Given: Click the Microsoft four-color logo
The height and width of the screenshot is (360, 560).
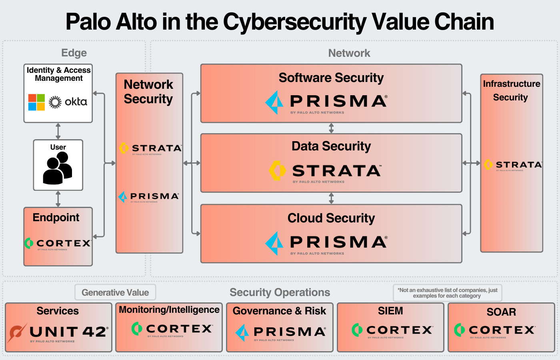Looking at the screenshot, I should (36, 102).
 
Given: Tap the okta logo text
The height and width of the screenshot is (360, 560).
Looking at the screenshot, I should (76, 102).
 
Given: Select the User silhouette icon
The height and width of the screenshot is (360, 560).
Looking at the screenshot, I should (58, 169).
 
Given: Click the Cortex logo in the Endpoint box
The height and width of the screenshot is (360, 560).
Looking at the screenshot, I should (58, 243).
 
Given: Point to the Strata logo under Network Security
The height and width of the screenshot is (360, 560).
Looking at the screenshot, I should (150, 148).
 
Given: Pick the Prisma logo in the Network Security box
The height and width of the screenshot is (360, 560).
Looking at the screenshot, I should (149, 196).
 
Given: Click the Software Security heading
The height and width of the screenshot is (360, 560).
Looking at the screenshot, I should (331, 78).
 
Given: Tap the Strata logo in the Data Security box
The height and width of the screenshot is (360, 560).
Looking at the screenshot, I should (325, 171).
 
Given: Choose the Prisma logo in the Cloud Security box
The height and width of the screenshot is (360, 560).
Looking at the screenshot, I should (326, 242).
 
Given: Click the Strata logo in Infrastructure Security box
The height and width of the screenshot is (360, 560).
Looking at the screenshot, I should (512, 165).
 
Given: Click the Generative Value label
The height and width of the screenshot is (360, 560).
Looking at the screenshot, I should (115, 292).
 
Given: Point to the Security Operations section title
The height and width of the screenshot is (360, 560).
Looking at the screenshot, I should (280, 292).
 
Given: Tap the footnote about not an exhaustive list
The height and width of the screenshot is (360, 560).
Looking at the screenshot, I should (447, 293).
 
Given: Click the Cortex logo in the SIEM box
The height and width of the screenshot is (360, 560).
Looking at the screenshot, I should (392, 330).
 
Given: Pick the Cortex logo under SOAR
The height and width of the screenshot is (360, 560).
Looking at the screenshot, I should (494, 330).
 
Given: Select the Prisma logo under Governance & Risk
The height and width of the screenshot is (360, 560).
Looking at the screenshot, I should (280, 332).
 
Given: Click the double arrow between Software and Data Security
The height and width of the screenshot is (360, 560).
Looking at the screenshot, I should (331, 128).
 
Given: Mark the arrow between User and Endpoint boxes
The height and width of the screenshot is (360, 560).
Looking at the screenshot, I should (58, 199).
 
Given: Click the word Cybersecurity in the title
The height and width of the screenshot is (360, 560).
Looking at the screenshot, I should (294, 22).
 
